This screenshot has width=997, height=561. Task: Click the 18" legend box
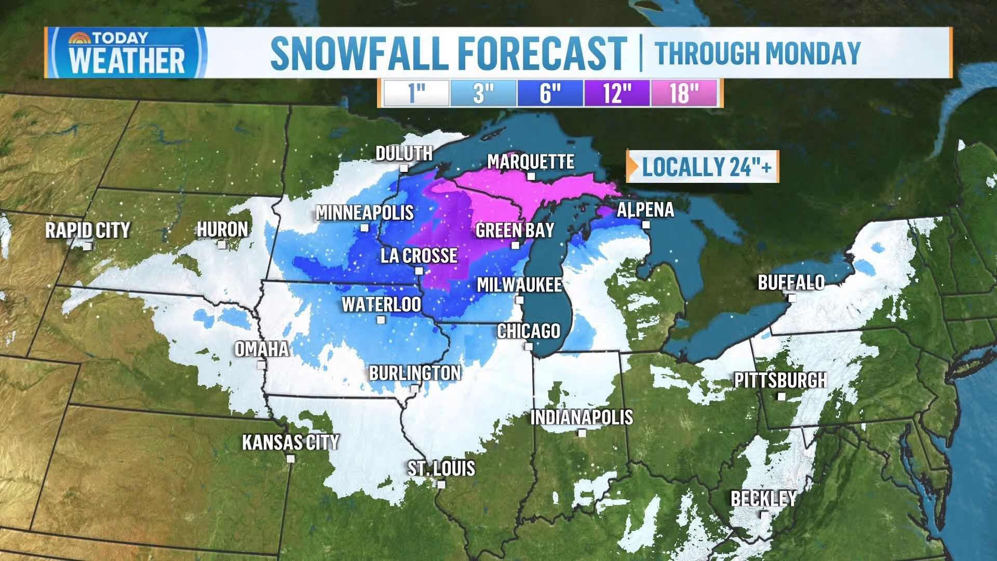[683, 94]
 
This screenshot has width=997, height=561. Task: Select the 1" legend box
[416, 94]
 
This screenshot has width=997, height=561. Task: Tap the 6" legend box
[550, 94]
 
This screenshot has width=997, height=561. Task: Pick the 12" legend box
[617, 94]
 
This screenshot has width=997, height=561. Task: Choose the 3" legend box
[483, 94]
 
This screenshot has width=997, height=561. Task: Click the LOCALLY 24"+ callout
[703, 167]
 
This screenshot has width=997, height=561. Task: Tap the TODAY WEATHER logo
[127, 53]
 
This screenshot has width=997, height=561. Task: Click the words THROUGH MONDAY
[758, 53]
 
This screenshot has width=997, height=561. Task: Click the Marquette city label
[530, 162]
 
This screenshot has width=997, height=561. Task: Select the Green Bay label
[515, 230]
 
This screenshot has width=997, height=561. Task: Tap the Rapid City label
[87, 230]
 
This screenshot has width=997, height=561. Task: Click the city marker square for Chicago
[529, 346]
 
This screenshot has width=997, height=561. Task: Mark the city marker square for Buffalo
[792, 298]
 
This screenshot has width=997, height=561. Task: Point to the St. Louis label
[441, 469]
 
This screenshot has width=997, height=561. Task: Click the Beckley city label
[763, 499]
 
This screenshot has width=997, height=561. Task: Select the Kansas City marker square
[291, 458]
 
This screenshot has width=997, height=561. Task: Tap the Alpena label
[645, 210]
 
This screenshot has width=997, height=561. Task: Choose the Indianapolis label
[582, 417]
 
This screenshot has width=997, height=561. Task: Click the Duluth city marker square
[404, 168]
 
